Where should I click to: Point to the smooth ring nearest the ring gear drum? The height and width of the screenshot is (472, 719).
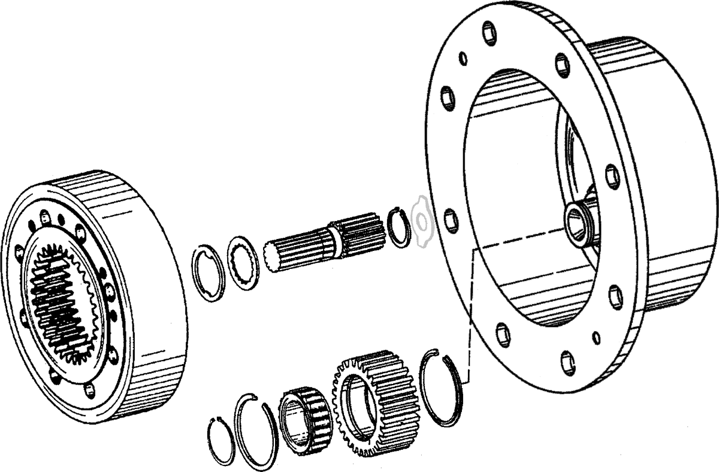click(210, 273)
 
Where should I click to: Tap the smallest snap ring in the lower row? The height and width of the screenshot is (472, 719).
click(220, 440)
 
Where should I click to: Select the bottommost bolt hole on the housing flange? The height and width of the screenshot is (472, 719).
click(568, 362)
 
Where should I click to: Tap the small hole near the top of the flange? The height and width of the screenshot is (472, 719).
click(463, 59)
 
